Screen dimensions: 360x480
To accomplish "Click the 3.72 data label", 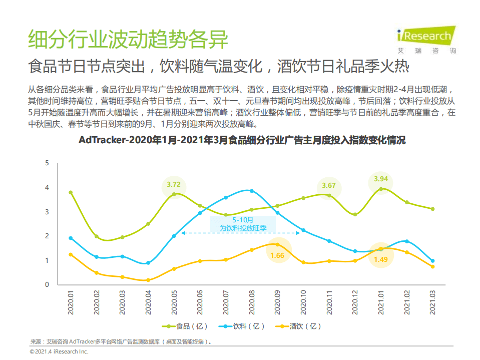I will click(174, 184).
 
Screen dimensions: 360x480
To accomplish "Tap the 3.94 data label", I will click(381, 179).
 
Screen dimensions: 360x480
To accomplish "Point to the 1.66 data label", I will click(277, 255).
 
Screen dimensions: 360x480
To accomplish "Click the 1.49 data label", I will click(381, 259).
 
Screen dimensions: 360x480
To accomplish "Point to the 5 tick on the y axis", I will click(47, 163).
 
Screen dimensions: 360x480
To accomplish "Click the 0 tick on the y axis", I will click(47, 284).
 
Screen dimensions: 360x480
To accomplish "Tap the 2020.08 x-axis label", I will click(252, 302).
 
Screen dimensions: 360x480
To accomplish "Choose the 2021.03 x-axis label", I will click(433, 302).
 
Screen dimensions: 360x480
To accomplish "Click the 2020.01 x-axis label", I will click(71, 302).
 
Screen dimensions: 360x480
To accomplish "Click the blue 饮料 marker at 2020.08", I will click(252, 191).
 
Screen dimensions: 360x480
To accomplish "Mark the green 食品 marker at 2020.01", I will click(71, 192).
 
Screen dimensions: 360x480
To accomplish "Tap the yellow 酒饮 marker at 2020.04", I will click(148, 280).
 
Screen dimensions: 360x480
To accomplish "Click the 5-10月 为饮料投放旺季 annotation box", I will click(243, 224).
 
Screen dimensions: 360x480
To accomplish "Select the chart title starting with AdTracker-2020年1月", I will click(242, 141).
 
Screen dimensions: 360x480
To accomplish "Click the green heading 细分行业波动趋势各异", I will click(128, 40).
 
